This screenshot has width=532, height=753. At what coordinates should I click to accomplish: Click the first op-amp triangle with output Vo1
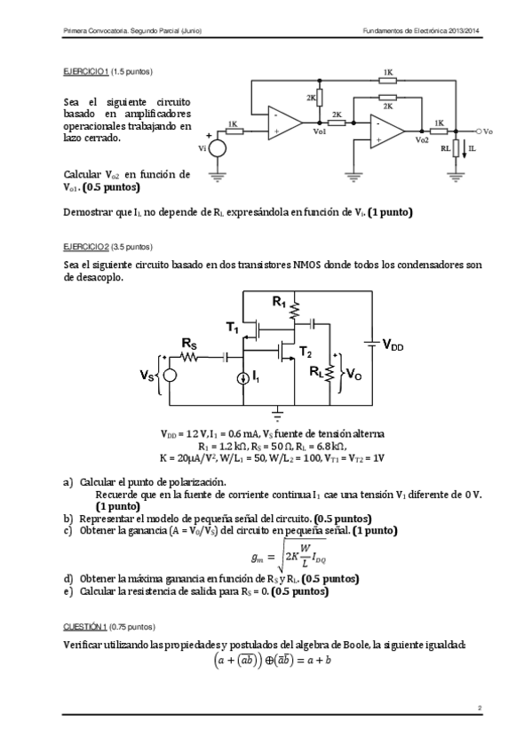282,123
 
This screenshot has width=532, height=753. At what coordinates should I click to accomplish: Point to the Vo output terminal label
488,131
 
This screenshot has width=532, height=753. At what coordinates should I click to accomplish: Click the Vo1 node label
320,131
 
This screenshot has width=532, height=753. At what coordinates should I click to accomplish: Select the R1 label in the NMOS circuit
279,303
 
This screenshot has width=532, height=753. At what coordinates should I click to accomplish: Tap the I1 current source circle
244,378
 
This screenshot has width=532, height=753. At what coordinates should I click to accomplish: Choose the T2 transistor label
306,353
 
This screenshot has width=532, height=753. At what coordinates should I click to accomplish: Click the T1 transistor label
233,329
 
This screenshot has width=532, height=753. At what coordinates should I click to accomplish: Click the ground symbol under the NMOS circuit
278,412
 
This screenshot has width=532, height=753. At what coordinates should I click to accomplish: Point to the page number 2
479,708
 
